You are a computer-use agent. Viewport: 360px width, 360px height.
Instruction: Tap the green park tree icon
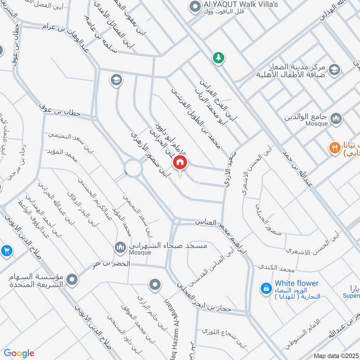pyautogui.click(x=219, y=58)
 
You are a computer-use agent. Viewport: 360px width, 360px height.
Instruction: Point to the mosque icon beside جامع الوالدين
pyautogui.click(x=336, y=118)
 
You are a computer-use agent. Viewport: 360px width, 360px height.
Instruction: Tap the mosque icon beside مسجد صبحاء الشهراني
pyautogui.click(x=120, y=247)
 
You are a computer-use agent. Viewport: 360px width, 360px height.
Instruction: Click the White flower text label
pyautogui.click(x=297, y=283)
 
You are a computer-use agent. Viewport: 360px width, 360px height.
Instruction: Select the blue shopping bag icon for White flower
pyautogui.click(x=266, y=288)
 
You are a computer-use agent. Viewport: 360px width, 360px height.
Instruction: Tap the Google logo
pyautogui.click(x=19, y=353)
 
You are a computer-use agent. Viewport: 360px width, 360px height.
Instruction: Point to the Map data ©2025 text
pyautogui.click(x=336, y=356)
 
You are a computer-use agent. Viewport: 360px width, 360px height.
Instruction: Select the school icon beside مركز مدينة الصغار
pyautogui.click(x=334, y=69)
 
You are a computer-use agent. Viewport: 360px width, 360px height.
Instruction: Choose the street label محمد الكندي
pyautogui.click(x=276, y=269)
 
